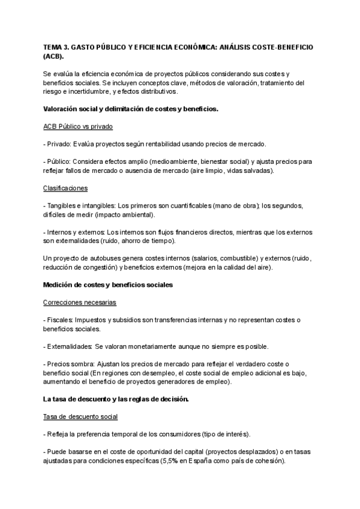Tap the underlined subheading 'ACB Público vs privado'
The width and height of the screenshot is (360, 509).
tap(78, 127)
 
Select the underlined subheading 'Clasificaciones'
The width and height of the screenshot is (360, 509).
tap(65, 188)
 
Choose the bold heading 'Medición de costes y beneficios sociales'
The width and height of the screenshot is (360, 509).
tap(108, 285)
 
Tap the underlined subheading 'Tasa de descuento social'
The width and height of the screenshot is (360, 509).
tap(80, 417)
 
